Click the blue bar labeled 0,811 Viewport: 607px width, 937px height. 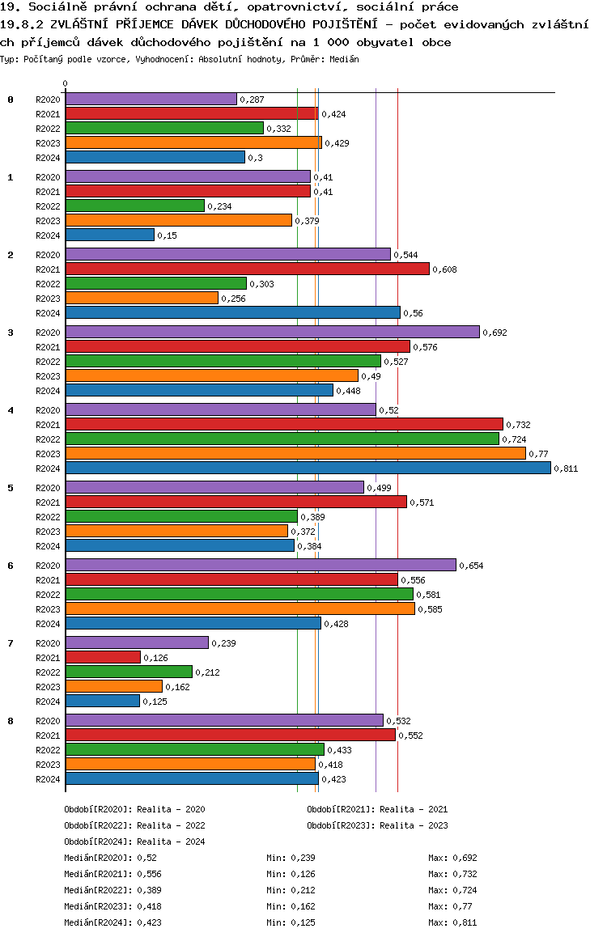[x=308, y=468]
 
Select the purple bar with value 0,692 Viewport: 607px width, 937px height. [x=272, y=332]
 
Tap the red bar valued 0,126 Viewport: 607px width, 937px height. [x=103, y=658]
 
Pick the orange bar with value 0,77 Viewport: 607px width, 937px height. [x=295, y=453]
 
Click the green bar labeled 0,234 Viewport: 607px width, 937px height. [x=134, y=206]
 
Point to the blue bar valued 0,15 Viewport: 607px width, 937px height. [x=109, y=235]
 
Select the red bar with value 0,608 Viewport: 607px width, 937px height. [x=247, y=269]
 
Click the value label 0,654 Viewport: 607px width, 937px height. [x=471, y=566]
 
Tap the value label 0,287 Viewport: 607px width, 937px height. [x=252, y=100]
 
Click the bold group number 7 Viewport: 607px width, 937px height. [x=11, y=643]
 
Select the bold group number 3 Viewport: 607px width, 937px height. [x=11, y=333]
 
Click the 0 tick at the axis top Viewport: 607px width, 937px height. [x=66, y=83]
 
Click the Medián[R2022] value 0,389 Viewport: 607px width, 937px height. [x=146, y=890]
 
